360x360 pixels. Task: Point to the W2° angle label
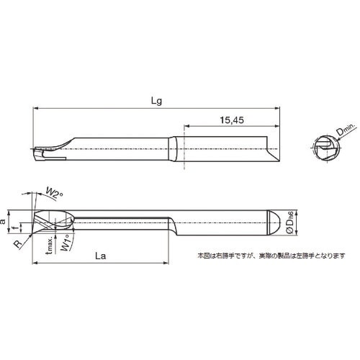(53, 192)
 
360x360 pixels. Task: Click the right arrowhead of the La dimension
(171, 264)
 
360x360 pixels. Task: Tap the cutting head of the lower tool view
(52, 221)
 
